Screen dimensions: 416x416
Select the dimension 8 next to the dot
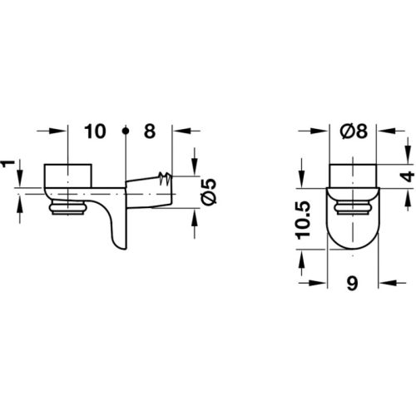coord(151,131)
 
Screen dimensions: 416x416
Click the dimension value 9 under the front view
coord(353,282)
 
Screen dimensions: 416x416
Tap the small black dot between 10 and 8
coord(125,131)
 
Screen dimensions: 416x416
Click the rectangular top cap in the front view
coord(352,176)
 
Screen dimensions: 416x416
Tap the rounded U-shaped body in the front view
coord(352,220)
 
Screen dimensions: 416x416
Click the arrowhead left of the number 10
coord(59,131)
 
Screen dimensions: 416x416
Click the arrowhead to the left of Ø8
coord(324,131)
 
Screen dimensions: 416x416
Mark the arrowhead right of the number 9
coord(384,282)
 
